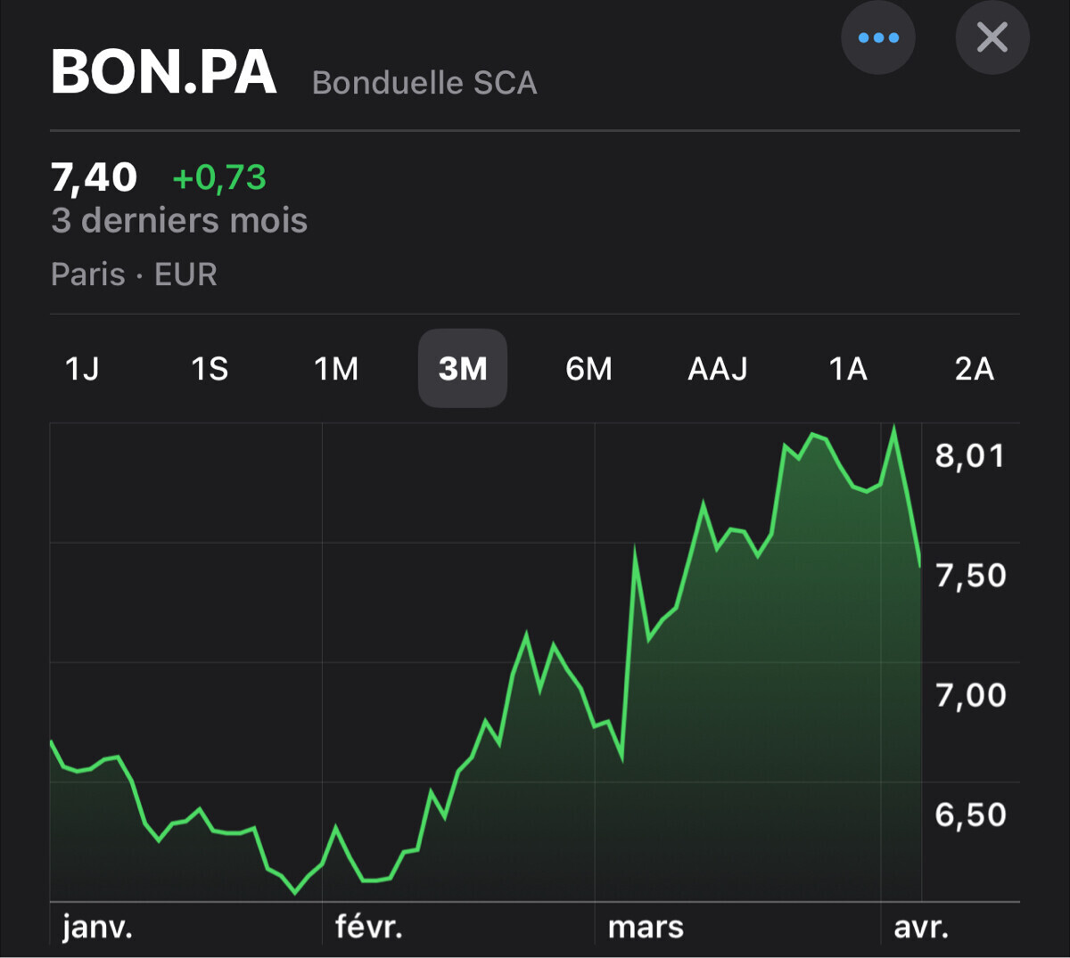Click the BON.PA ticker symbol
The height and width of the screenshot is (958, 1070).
click(164, 72)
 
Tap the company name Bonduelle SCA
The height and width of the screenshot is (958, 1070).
click(424, 83)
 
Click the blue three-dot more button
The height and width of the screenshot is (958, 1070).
click(878, 37)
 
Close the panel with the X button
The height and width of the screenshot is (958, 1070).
click(992, 37)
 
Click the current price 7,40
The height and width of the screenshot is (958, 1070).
click(95, 177)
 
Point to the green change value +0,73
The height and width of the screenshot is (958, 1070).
click(219, 177)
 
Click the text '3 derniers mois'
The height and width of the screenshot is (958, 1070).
click(179, 220)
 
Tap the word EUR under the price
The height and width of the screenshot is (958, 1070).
click(185, 274)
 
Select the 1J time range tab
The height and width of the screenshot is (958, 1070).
click(82, 368)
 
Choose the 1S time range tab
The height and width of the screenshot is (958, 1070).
click(210, 368)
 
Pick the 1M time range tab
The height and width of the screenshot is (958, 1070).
click(336, 368)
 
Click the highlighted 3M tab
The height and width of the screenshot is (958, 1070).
click(463, 368)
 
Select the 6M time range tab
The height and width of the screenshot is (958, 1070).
click(589, 368)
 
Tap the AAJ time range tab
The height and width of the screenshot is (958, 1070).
click(718, 368)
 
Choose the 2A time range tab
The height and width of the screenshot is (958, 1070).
click(974, 368)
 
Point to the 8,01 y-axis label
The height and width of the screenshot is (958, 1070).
click(970, 455)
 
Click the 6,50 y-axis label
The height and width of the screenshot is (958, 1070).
click(970, 815)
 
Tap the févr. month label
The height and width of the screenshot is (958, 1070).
click(369, 928)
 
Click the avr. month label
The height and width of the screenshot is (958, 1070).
click(921, 928)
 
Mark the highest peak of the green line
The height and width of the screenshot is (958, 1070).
click(894, 427)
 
